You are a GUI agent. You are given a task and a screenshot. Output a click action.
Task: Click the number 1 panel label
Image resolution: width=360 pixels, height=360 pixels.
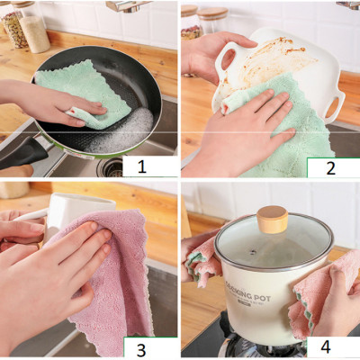[x=148, y=166]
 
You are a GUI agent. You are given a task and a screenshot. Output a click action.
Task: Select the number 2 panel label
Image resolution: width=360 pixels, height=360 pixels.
[x=332, y=167]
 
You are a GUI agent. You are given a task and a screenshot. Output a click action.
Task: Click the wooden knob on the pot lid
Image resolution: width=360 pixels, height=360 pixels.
[x=273, y=220]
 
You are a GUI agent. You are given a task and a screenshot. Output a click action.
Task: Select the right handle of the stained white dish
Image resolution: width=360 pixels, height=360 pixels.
[x=335, y=99]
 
